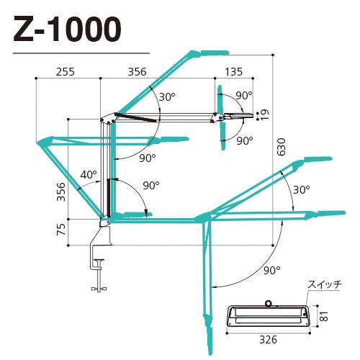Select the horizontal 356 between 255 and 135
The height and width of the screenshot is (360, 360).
[x=136, y=72]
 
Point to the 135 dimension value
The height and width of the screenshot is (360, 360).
[x=233, y=72]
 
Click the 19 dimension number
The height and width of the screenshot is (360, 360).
[x=265, y=113]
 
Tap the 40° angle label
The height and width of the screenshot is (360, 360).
[x=88, y=175]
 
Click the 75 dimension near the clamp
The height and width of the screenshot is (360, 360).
[x=60, y=230]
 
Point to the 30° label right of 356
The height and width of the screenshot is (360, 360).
[x=166, y=96]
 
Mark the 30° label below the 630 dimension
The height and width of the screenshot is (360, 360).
[x=301, y=189]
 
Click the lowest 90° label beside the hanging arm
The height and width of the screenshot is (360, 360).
[x=271, y=270]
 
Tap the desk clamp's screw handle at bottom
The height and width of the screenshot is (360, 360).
[x=99, y=289]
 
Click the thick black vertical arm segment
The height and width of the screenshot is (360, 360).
[x=109, y=198]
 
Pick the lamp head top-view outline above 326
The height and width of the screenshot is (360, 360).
[x=267, y=315]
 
